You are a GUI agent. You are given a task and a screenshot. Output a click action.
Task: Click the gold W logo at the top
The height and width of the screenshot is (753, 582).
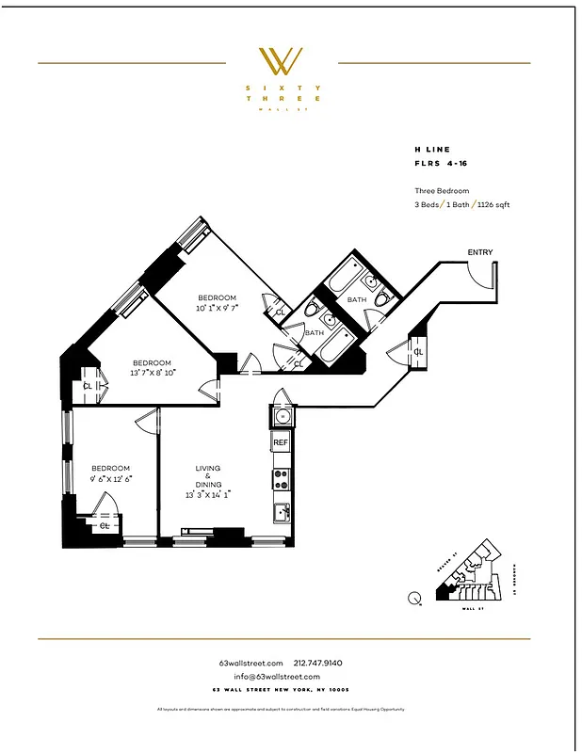[281, 62]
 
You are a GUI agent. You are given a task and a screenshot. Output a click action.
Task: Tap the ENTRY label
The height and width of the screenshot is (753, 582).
[479, 252]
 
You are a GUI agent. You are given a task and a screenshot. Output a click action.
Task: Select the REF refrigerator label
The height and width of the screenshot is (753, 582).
[281, 441]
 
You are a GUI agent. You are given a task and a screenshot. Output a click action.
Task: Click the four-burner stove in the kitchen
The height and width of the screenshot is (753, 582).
[281, 479]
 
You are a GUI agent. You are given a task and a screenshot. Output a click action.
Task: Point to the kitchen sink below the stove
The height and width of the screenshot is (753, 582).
[281, 512]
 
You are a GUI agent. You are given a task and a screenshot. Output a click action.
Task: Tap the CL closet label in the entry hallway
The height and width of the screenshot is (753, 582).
[418, 352]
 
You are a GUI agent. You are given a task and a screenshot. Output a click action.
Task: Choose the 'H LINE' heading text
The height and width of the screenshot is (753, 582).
[432, 149]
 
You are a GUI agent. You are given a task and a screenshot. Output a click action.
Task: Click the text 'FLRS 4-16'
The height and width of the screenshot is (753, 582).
[441, 164]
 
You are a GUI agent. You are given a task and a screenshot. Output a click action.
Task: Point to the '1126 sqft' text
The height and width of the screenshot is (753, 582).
[493, 204]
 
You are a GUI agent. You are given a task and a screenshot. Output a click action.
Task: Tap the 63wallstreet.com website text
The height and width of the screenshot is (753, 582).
[251, 663]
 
